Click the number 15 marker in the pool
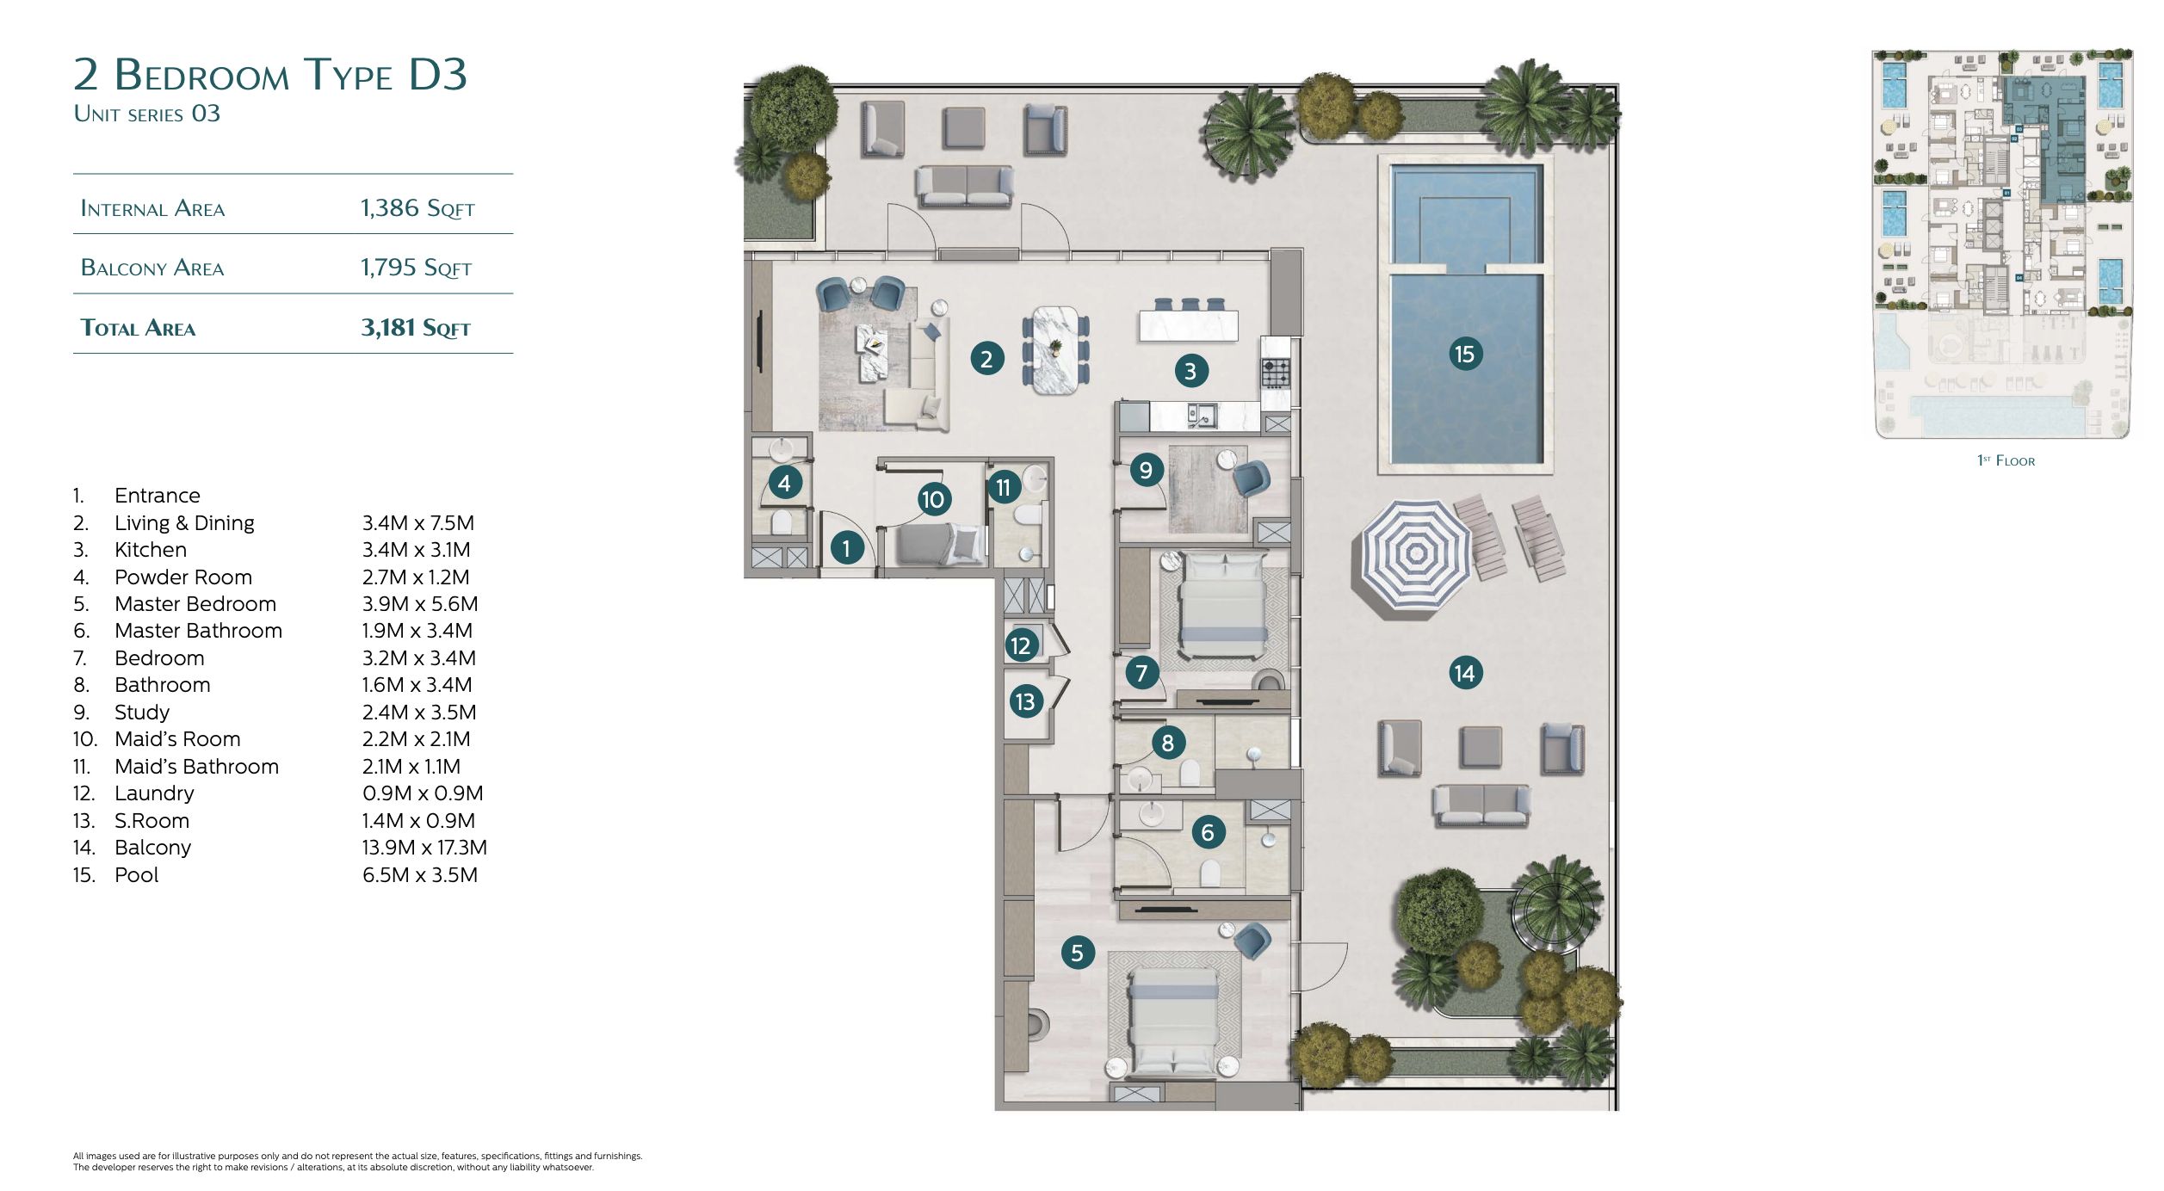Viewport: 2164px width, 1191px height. pos(1464,354)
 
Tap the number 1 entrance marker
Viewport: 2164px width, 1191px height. pos(846,548)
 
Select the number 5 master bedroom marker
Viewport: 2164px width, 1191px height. pos(1077,953)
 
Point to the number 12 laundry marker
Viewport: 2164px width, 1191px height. pos(1021,645)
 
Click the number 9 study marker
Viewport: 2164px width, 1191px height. pos(1146,470)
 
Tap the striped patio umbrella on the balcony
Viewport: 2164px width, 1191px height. pos(1416,555)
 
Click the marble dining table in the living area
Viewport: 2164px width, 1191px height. pos(1055,349)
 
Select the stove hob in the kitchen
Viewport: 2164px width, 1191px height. pos(1276,373)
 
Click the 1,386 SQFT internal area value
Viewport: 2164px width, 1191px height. pos(417,208)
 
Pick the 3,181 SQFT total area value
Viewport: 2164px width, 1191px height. pos(416,328)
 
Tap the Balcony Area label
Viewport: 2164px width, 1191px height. pos(152,268)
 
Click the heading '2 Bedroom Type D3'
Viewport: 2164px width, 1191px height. pos(270,75)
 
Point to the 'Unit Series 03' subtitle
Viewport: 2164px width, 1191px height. pos(147,114)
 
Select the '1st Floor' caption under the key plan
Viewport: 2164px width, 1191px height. pos(2006,460)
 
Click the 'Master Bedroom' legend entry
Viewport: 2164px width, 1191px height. pos(195,604)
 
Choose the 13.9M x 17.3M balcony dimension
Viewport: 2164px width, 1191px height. pos(424,848)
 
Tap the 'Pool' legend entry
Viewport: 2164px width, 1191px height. pos(137,875)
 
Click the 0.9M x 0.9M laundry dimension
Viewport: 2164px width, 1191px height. pos(423,793)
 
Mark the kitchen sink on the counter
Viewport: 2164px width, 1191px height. pos(1203,416)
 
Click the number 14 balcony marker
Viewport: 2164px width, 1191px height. pos(1464,673)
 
